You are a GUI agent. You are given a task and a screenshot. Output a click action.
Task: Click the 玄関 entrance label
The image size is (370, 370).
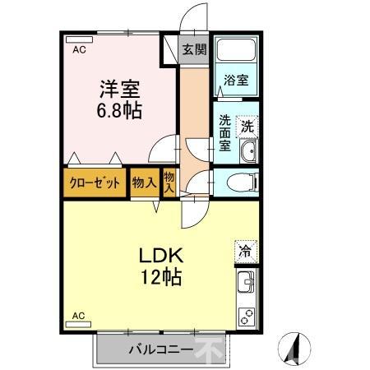(195, 49)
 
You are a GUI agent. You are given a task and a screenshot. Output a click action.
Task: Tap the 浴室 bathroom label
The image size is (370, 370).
(237, 81)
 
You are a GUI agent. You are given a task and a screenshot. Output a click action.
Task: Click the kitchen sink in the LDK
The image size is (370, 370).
(247, 286)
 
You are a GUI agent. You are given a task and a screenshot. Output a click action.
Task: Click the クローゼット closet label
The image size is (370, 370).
(95, 183)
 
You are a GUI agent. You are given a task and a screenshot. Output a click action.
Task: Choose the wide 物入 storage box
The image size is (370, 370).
(144, 183)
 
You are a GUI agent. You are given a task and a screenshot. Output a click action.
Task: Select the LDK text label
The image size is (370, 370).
(160, 254)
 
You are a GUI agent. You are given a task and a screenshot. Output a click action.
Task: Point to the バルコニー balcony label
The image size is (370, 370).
(160, 349)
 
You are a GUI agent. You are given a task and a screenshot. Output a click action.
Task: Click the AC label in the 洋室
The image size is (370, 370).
(79, 50)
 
